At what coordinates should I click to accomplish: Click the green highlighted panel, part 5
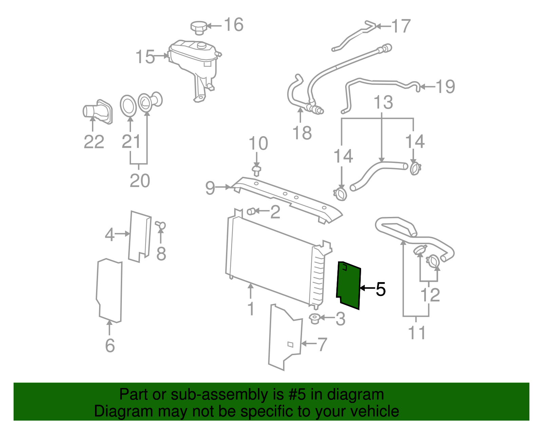(349, 285)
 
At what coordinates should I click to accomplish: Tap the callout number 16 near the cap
(233, 25)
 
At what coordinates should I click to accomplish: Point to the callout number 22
(94, 142)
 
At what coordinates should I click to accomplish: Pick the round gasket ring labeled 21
(128, 106)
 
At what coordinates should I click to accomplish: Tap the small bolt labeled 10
(257, 170)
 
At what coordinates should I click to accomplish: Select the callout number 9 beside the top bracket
(210, 188)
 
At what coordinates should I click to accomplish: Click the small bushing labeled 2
(251, 211)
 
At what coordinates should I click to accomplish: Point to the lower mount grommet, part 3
(315, 319)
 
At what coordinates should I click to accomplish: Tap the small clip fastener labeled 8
(161, 225)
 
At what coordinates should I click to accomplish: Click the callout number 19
(445, 87)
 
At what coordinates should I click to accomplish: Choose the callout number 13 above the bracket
(383, 102)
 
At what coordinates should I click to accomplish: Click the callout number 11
(416, 333)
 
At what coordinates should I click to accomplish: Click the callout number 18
(302, 133)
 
